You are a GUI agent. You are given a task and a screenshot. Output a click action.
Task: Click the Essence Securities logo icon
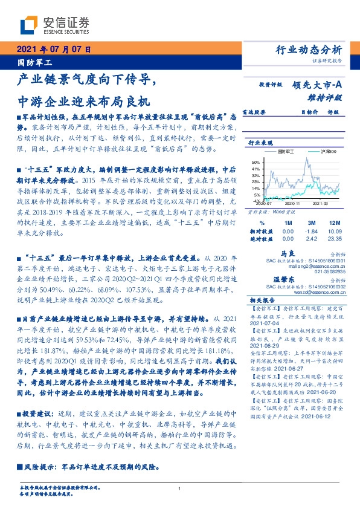click(29, 25)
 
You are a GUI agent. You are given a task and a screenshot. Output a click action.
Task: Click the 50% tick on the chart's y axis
click(256, 163)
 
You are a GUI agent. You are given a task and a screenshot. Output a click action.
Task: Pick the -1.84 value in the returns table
click(312, 231)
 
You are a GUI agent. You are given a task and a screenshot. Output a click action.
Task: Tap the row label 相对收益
click(261, 231)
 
